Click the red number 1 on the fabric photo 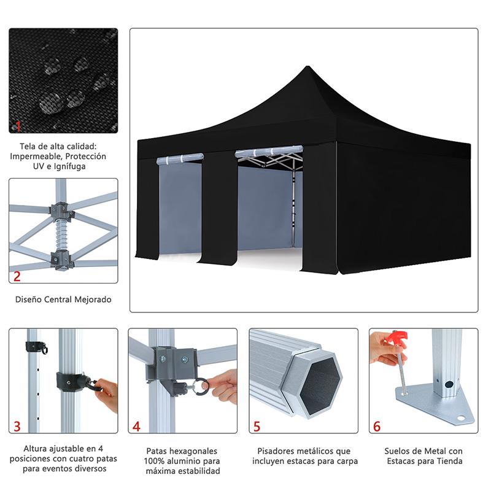(x=18, y=126)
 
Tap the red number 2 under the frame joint (x=17, y=276)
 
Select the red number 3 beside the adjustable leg (x=17, y=426)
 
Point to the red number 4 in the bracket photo (x=136, y=426)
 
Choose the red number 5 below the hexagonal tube (x=257, y=426)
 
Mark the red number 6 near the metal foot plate (x=377, y=426)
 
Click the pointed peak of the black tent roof (x=307, y=66)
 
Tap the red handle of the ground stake (x=398, y=338)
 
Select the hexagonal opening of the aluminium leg (x=320, y=386)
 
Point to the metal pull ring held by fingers (x=202, y=386)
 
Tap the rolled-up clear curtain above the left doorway (x=180, y=158)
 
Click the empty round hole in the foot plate (x=461, y=419)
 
